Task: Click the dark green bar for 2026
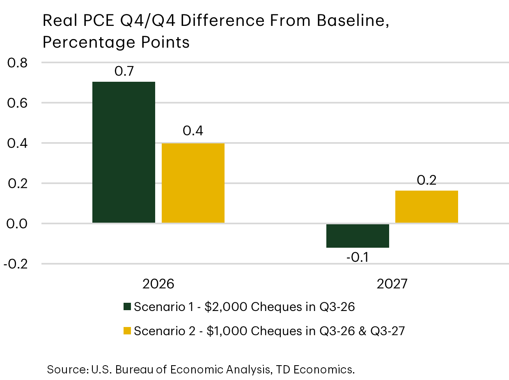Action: pos(124,152)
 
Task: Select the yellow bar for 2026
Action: pos(193,183)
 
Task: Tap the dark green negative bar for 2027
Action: pos(358,236)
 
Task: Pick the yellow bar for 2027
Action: pos(426,207)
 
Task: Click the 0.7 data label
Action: pos(124,71)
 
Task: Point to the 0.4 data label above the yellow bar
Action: pos(193,131)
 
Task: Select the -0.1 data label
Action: pos(358,258)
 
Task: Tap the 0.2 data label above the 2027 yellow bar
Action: pos(426,180)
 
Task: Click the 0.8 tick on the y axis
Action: pos(17,63)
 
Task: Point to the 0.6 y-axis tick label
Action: pos(17,103)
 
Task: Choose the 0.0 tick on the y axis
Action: pos(17,223)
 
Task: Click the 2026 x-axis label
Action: pos(158,284)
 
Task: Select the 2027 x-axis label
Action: pos(392,284)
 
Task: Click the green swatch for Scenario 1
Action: pos(127,306)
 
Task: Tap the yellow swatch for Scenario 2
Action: pos(127,331)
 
